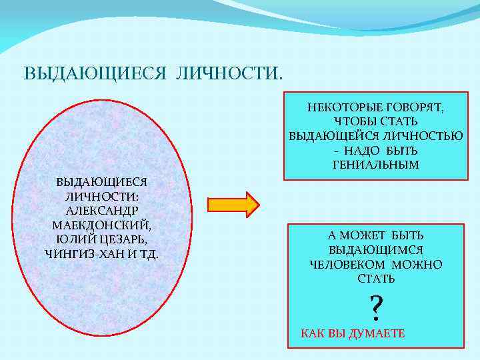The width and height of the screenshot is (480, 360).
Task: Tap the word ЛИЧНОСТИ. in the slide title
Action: [x=229, y=72]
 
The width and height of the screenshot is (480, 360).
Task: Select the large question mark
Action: [x=376, y=307]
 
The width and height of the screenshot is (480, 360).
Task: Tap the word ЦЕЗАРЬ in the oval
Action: [x=127, y=239]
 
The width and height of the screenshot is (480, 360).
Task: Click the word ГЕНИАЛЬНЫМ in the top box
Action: [x=376, y=165]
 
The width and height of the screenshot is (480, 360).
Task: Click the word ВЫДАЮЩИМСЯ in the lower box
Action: [x=376, y=250]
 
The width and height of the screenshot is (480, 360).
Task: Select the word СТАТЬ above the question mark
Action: [x=376, y=279]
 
